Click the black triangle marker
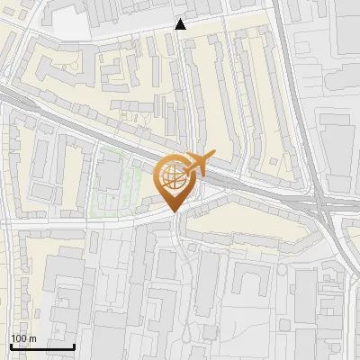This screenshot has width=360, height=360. [181, 24]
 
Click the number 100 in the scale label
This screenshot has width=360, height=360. [19, 338]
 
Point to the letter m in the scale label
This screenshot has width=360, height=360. [32, 338]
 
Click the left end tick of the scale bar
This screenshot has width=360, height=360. [10, 346]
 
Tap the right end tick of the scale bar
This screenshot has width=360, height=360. [74, 346]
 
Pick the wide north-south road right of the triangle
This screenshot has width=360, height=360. [290, 72]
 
